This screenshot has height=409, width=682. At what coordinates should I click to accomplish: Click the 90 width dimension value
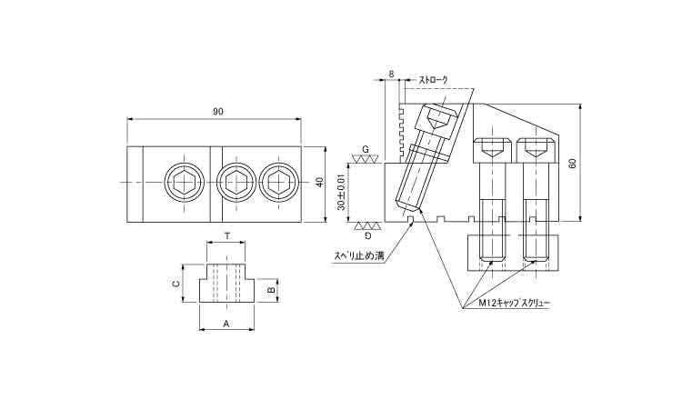pos(218,112)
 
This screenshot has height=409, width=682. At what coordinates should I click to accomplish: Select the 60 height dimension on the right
pos(572,163)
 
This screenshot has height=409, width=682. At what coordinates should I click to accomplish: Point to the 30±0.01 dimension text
pos(341,192)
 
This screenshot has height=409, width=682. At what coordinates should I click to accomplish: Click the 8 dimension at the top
pos(390,73)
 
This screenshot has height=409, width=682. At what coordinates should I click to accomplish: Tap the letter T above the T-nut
pos(226,234)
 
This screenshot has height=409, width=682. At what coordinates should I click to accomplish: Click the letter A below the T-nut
pos(226,323)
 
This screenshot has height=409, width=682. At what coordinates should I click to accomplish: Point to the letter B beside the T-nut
pos(271,292)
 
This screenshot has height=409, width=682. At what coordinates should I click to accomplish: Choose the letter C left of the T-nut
pos(175,284)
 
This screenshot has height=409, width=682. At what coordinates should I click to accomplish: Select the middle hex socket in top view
pos(236,183)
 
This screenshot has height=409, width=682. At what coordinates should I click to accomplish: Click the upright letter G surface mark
pos(365,148)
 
